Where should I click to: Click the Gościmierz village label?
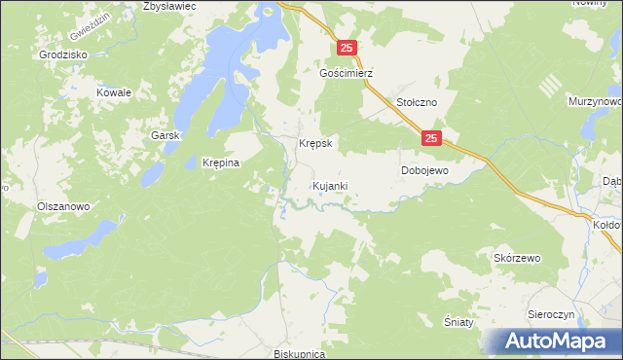point(347,73)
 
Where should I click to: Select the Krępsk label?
point(315,143)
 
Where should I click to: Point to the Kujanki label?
point(330,185)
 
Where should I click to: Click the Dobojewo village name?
point(424,170)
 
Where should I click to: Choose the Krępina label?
point(220,163)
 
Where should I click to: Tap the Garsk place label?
point(165,136)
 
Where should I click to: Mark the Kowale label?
point(113,92)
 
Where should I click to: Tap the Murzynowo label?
point(596,101)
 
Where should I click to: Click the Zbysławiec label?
point(169,6)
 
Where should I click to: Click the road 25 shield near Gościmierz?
point(348,48)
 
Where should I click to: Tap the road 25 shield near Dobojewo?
point(432,140)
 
